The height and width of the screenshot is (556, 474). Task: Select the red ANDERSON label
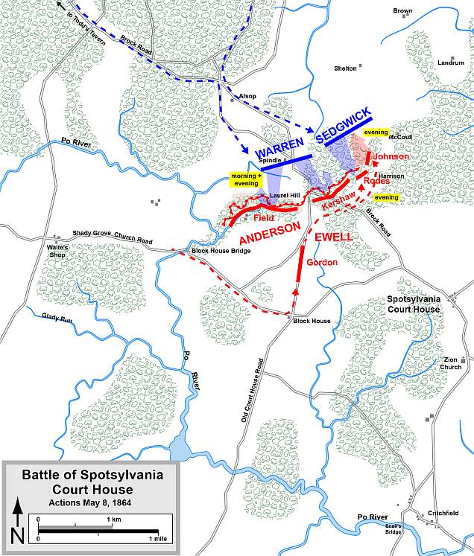pos(269,234)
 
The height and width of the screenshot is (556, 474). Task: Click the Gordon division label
pos(326,262)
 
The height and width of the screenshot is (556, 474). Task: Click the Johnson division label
pos(391,157)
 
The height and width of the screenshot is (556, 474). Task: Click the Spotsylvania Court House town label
pos(413,304)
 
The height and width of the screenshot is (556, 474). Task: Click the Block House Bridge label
pos(220,250)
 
